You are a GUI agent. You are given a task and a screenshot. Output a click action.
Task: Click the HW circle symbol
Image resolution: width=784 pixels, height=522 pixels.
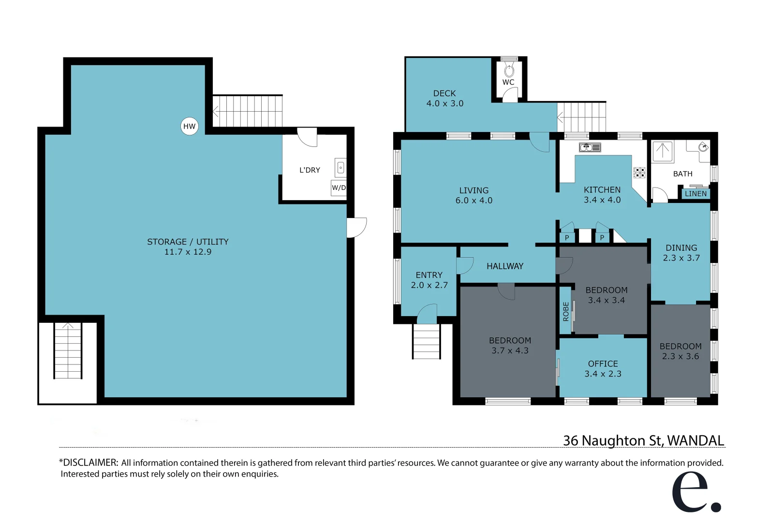click(x=189, y=127)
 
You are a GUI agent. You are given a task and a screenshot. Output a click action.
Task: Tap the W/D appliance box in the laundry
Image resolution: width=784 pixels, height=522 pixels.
click(x=339, y=188)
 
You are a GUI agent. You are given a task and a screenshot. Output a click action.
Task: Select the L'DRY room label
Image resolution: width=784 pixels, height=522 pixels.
click(x=310, y=170)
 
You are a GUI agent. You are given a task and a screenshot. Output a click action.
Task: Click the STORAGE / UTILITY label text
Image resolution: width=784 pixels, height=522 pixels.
click(x=188, y=242)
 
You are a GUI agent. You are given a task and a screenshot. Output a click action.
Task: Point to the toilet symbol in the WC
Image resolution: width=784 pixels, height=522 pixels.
click(x=509, y=71)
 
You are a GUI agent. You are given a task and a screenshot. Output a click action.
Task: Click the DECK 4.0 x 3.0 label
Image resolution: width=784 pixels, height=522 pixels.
click(x=444, y=98)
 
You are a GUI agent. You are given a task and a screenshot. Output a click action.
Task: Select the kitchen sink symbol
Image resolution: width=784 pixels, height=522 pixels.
click(x=590, y=147)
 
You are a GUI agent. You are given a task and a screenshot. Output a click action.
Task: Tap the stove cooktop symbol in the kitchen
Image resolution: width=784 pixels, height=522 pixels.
click(x=639, y=173)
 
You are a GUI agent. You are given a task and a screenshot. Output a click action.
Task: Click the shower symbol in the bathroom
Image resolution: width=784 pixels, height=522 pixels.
click(x=662, y=151)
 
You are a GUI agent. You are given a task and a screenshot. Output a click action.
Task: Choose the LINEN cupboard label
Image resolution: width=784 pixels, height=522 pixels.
click(x=695, y=194)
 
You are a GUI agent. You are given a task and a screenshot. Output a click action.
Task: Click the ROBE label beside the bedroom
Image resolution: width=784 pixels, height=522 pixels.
click(x=565, y=312)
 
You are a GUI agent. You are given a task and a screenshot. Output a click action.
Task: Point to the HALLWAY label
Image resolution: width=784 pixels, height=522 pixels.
click(x=504, y=266)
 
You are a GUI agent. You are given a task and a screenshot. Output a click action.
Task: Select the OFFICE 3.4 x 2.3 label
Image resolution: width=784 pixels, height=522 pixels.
click(x=603, y=368)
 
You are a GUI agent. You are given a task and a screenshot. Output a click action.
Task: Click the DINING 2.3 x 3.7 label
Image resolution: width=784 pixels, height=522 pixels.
click(x=681, y=253)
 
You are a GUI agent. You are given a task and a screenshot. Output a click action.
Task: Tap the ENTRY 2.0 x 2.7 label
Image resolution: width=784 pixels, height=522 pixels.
click(x=429, y=280)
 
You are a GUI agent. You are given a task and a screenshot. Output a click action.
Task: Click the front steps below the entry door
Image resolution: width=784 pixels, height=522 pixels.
click(x=426, y=341)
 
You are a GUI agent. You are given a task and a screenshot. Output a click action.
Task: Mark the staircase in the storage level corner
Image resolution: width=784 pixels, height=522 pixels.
click(x=68, y=351)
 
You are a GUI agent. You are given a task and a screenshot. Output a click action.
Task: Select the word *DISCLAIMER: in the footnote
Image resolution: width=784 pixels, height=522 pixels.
click(x=89, y=463)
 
